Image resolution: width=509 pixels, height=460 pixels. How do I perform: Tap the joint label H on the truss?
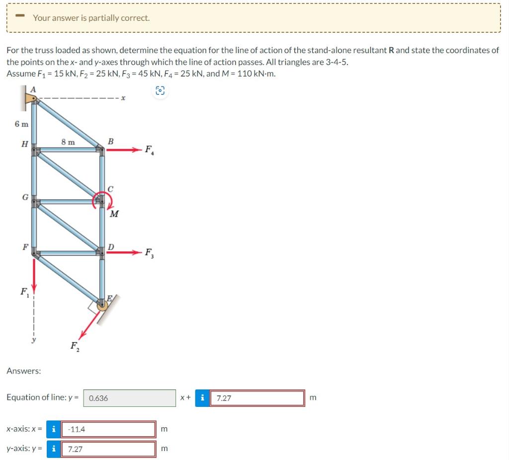click(24, 144)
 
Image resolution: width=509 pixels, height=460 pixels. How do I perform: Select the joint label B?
click(110, 141)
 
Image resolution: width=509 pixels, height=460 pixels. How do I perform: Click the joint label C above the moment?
click(110, 188)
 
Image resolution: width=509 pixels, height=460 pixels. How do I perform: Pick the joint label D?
click(111, 246)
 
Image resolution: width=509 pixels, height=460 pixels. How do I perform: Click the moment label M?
click(114, 214)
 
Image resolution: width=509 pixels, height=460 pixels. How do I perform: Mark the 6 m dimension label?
click(21, 124)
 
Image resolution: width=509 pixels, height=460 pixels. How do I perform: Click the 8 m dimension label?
click(68, 142)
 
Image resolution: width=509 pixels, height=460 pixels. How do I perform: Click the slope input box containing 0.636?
click(129, 398)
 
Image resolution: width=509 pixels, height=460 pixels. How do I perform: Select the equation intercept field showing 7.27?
click(257, 398)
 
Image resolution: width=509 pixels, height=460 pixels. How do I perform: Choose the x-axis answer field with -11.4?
click(108, 429)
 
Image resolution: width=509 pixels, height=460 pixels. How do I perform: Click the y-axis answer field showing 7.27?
click(108, 449)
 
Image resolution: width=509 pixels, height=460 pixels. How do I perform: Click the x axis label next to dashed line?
click(123, 98)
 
